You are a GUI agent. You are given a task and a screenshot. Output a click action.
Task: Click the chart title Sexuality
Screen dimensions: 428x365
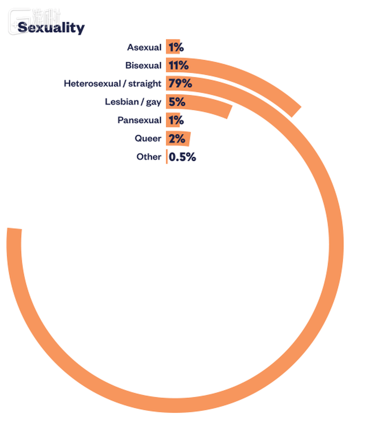tap(51, 28)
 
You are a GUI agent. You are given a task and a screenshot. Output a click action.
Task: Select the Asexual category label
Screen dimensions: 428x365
tap(144, 47)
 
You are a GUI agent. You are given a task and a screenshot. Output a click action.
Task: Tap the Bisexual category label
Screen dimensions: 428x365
tap(143, 65)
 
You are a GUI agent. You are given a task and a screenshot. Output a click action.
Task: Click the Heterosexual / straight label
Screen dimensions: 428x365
tap(112, 84)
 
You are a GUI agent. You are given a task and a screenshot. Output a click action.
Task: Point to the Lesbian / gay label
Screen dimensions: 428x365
tap(133, 102)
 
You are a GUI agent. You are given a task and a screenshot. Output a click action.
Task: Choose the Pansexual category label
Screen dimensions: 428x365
tap(139, 120)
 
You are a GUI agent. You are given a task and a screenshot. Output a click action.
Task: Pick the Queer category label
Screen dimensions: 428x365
tap(148, 139)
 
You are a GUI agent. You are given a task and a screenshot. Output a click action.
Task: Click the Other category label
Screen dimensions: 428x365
tap(149, 157)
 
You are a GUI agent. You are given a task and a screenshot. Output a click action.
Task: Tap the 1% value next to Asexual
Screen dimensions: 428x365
tap(176, 47)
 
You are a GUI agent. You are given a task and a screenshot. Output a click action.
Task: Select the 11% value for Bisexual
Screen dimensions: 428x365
tap(178, 65)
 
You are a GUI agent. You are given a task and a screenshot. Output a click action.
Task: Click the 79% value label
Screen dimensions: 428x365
tap(180, 84)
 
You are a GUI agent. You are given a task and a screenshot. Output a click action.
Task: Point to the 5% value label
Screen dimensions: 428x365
tap(177, 102)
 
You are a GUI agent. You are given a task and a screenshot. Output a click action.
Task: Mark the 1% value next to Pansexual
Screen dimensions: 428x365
tap(176, 120)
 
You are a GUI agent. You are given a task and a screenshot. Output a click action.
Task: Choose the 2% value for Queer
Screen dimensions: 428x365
tap(177, 139)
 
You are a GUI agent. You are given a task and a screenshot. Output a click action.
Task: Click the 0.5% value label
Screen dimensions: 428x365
tap(182, 157)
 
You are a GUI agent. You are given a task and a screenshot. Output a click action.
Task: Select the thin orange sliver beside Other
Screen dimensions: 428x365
tap(166, 157)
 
